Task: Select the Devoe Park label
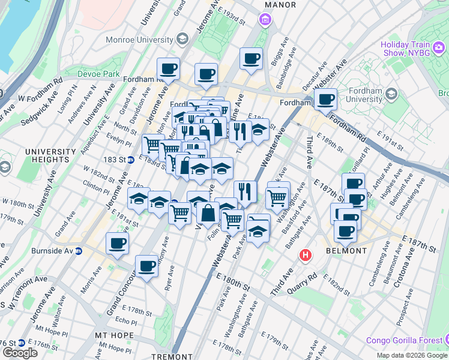[x=98, y=74]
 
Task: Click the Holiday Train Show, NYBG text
[x=414, y=49]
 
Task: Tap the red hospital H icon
[x=306, y=256]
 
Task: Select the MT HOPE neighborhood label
[x=113, y=334]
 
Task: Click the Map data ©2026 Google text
[x=412, y=355]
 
